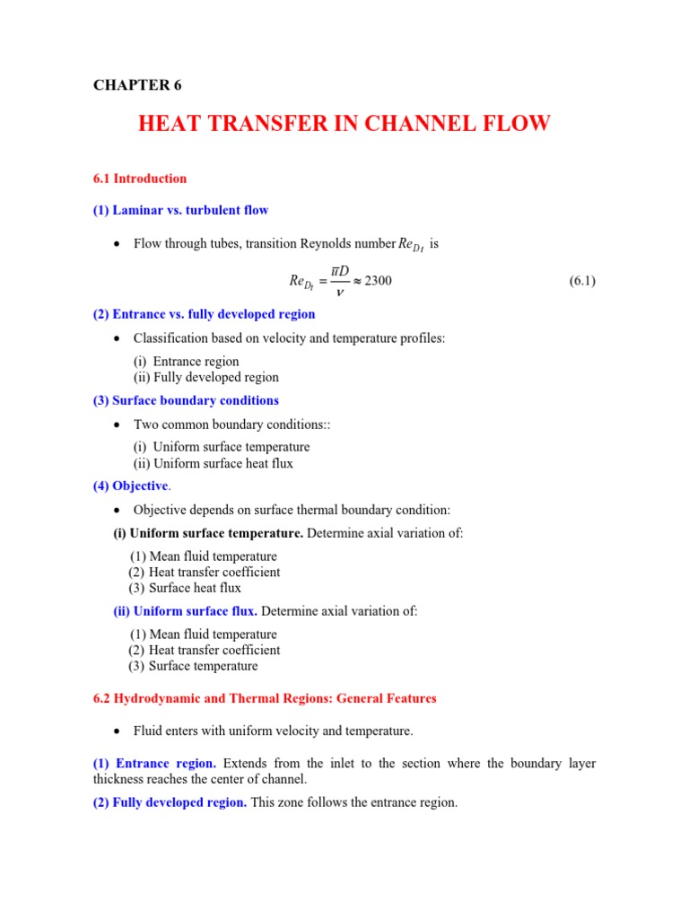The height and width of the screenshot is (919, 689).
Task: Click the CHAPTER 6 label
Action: click(x=137, y=85)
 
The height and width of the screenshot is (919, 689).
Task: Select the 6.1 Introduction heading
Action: click(x=140, y=179)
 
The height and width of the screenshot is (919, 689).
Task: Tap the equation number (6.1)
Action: click(x=582, y=281)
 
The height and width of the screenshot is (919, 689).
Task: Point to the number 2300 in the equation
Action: click(x=378, y=281)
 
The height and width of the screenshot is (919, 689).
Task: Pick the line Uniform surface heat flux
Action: click(x=214, y=464)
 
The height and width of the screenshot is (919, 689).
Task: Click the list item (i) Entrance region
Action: click(x=187, y=362)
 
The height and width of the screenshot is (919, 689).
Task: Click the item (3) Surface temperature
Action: click(x=193, y=666)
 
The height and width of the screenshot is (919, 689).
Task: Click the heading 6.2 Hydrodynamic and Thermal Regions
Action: click(x=265, y=698)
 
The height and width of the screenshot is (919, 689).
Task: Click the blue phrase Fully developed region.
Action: click(x=179, y=802)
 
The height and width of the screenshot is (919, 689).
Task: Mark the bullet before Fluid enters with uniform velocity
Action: click(x=117, y=731)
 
